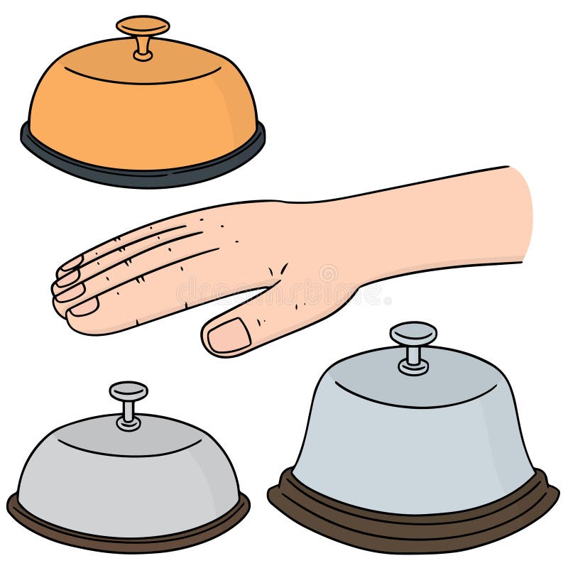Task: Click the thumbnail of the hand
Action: tap(229, 334)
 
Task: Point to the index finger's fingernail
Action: tap(84, 306)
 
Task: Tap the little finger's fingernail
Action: tap(70, 263)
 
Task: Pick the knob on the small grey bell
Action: tap(129, 390)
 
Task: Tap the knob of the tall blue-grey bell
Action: tap(413, 332)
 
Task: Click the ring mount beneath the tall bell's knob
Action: tap(413, 368)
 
